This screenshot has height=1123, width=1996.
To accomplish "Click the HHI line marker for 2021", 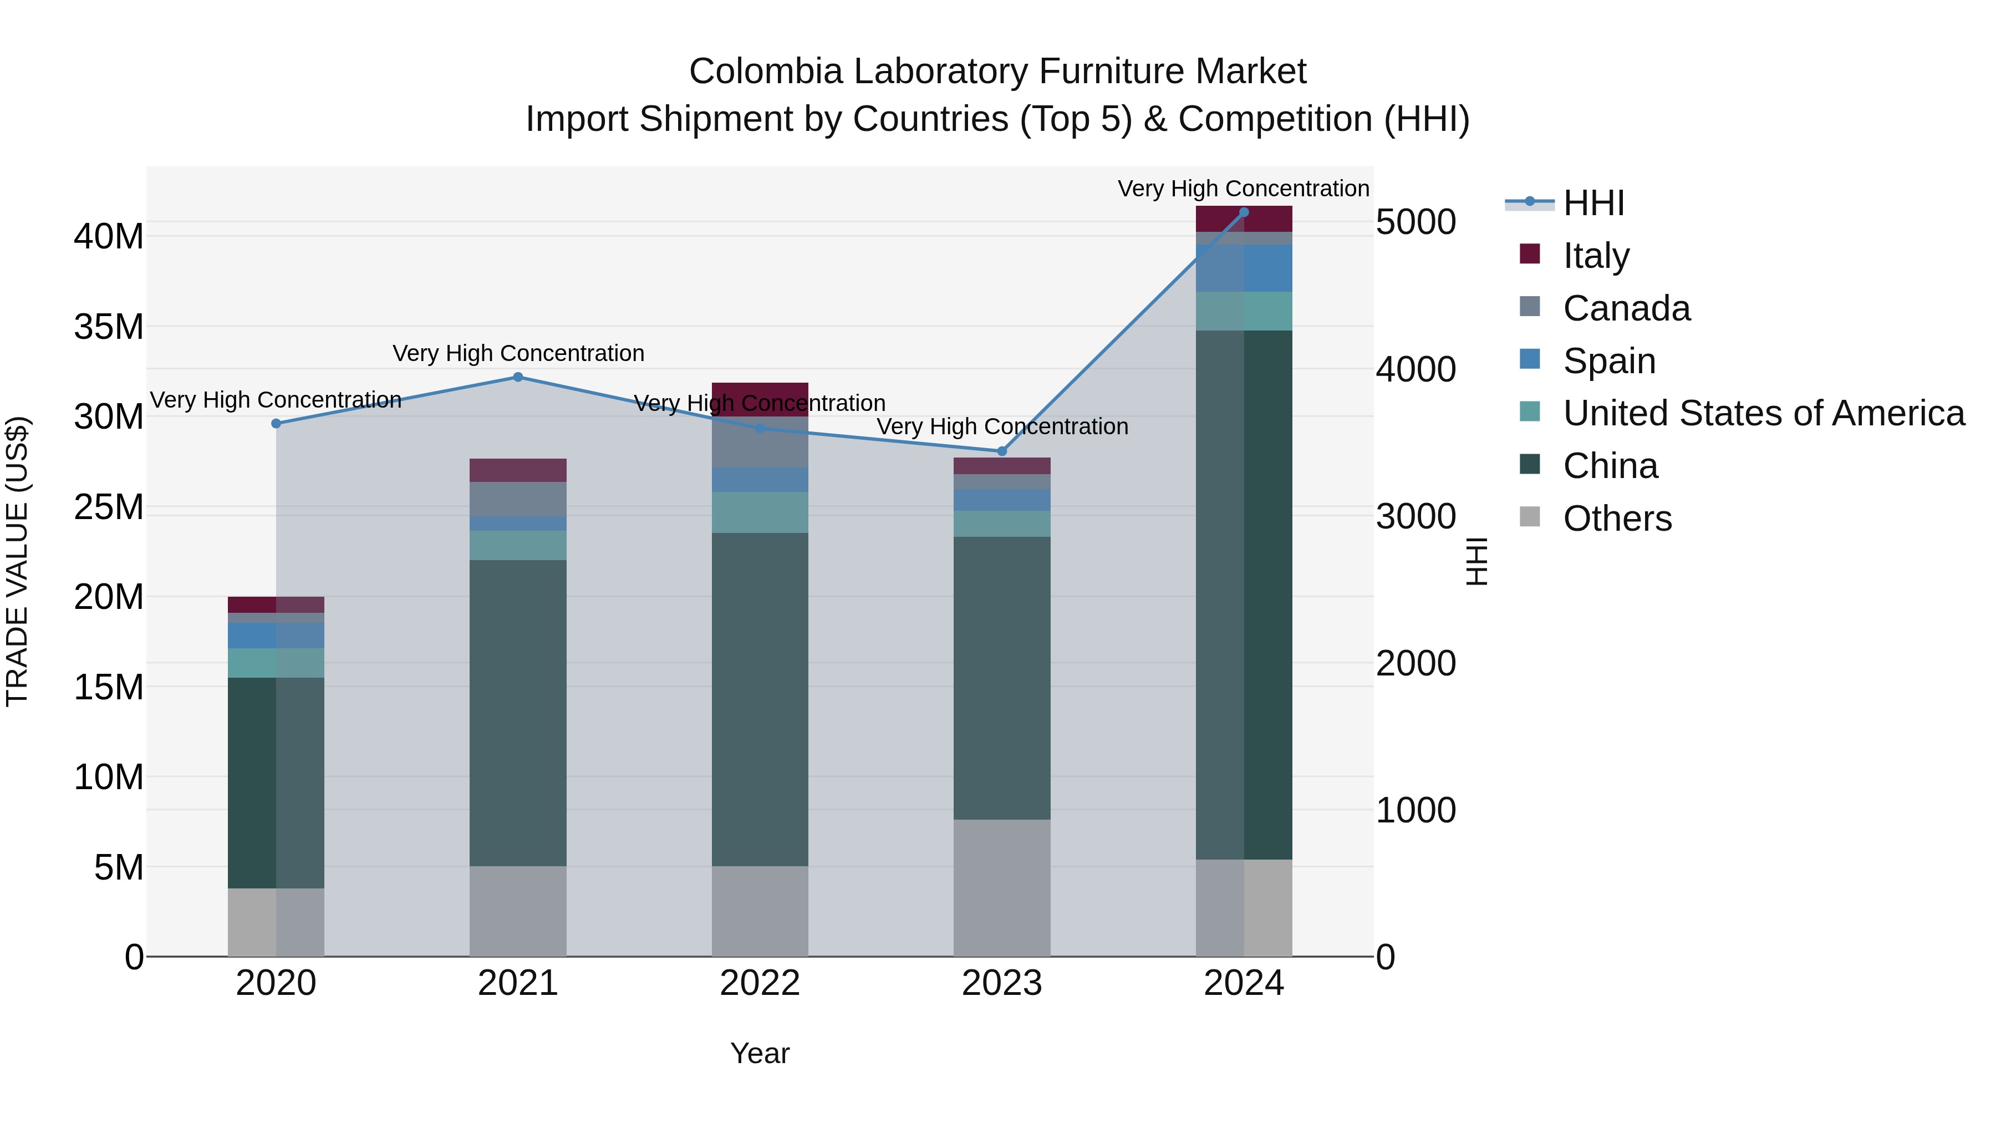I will coord(518,378).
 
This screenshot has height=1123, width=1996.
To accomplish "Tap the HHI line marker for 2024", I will coord(1244,212).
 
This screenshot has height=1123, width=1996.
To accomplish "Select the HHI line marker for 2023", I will coord(1002,451).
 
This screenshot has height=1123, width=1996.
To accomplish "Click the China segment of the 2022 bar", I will coord(760,698).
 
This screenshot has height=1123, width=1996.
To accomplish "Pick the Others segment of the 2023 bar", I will coord(1002,887).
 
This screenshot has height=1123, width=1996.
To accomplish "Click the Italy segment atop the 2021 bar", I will coord(518,470).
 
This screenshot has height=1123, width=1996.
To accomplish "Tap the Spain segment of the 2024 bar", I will coord(1244,268).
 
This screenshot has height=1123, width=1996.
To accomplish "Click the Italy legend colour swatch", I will coord(1530,254).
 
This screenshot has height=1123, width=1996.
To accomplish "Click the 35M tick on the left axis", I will coord(109,326).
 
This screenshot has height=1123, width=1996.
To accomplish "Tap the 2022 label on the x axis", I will coord(760,983).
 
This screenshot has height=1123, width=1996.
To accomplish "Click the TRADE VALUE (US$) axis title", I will coord(17,561).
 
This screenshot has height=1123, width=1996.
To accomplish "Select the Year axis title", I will coord(760,1053).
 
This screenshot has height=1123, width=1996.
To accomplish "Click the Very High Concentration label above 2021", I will coord(518,353).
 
